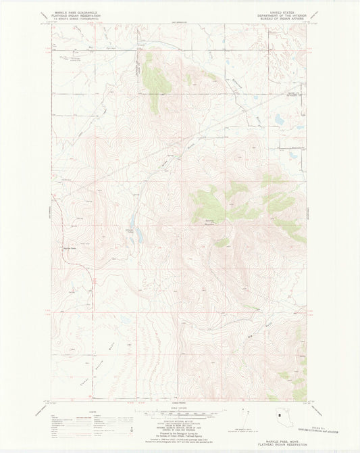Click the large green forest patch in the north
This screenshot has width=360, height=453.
click(x=156, y=85)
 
